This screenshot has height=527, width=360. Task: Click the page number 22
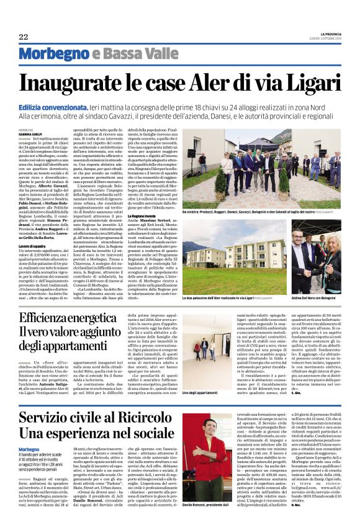click(x=24, y=37)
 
